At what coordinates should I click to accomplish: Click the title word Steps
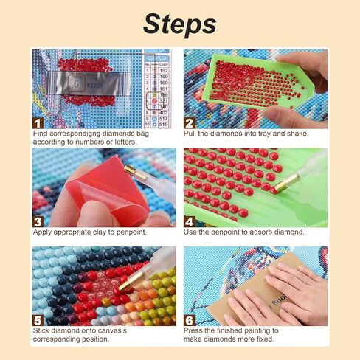tap(179, 24)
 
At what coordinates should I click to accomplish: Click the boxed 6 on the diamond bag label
tap(75, 84)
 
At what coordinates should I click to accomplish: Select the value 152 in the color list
tap(164, 71)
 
